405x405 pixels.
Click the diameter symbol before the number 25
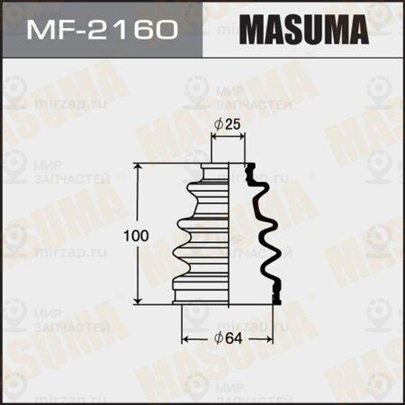point(219,124)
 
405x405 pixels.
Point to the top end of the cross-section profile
point(249,166)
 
